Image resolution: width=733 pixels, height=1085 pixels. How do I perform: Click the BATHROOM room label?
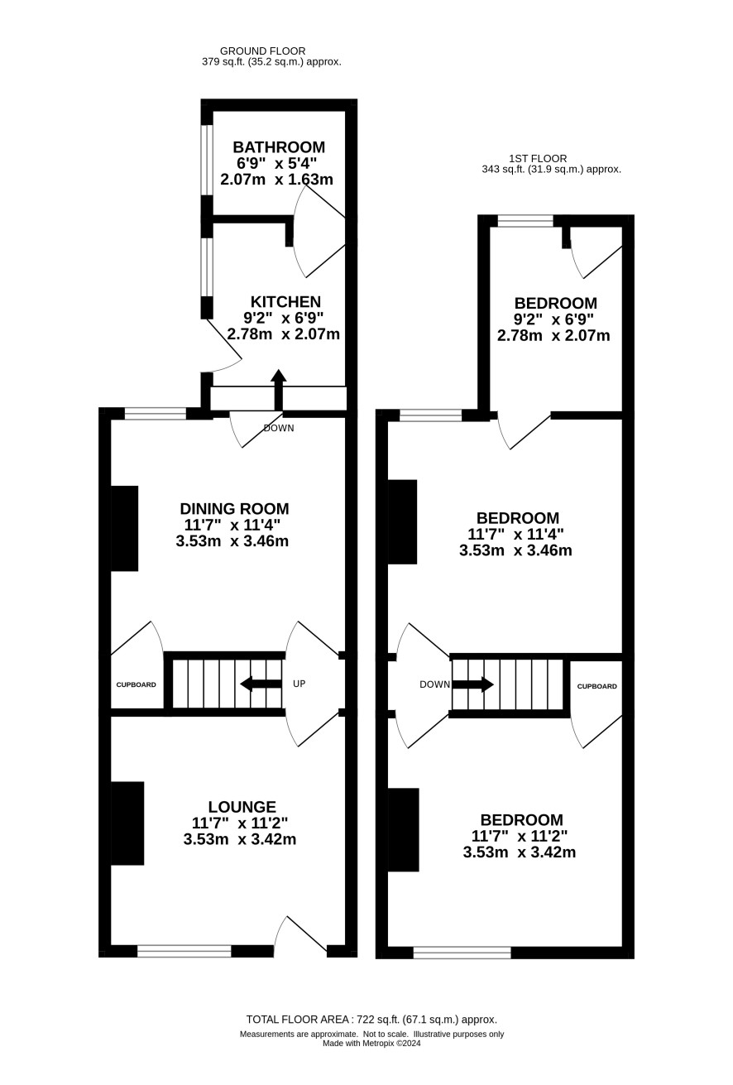[279, 146]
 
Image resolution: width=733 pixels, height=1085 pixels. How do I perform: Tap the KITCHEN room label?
[285, 302]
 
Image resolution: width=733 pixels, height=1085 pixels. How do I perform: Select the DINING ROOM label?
[234, 509]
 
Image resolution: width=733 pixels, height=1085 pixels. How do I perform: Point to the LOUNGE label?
[242, 806]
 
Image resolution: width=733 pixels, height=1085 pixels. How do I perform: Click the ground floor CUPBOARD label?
[136, 684]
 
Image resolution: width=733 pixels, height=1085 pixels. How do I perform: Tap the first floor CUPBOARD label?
[597, 686]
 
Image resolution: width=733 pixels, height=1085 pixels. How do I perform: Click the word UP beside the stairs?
[299, 684]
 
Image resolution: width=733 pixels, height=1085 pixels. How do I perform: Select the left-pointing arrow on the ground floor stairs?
[261, 684]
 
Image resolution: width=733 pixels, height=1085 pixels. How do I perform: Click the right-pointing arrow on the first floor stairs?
[473, 684]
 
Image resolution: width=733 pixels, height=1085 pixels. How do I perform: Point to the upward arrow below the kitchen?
[278, 390]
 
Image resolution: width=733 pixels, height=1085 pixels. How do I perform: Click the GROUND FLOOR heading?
[263, 50]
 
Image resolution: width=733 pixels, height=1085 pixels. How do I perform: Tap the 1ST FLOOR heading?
[538, 158]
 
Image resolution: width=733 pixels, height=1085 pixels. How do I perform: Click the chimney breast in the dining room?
[124, 529]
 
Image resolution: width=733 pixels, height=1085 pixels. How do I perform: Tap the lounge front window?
[184, 950]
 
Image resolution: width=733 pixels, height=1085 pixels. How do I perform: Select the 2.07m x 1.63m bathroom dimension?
[276, 180]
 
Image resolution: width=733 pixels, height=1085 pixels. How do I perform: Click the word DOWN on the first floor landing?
[435, 684]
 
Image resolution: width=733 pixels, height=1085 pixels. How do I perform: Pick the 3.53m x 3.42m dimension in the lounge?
[240, 839]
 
